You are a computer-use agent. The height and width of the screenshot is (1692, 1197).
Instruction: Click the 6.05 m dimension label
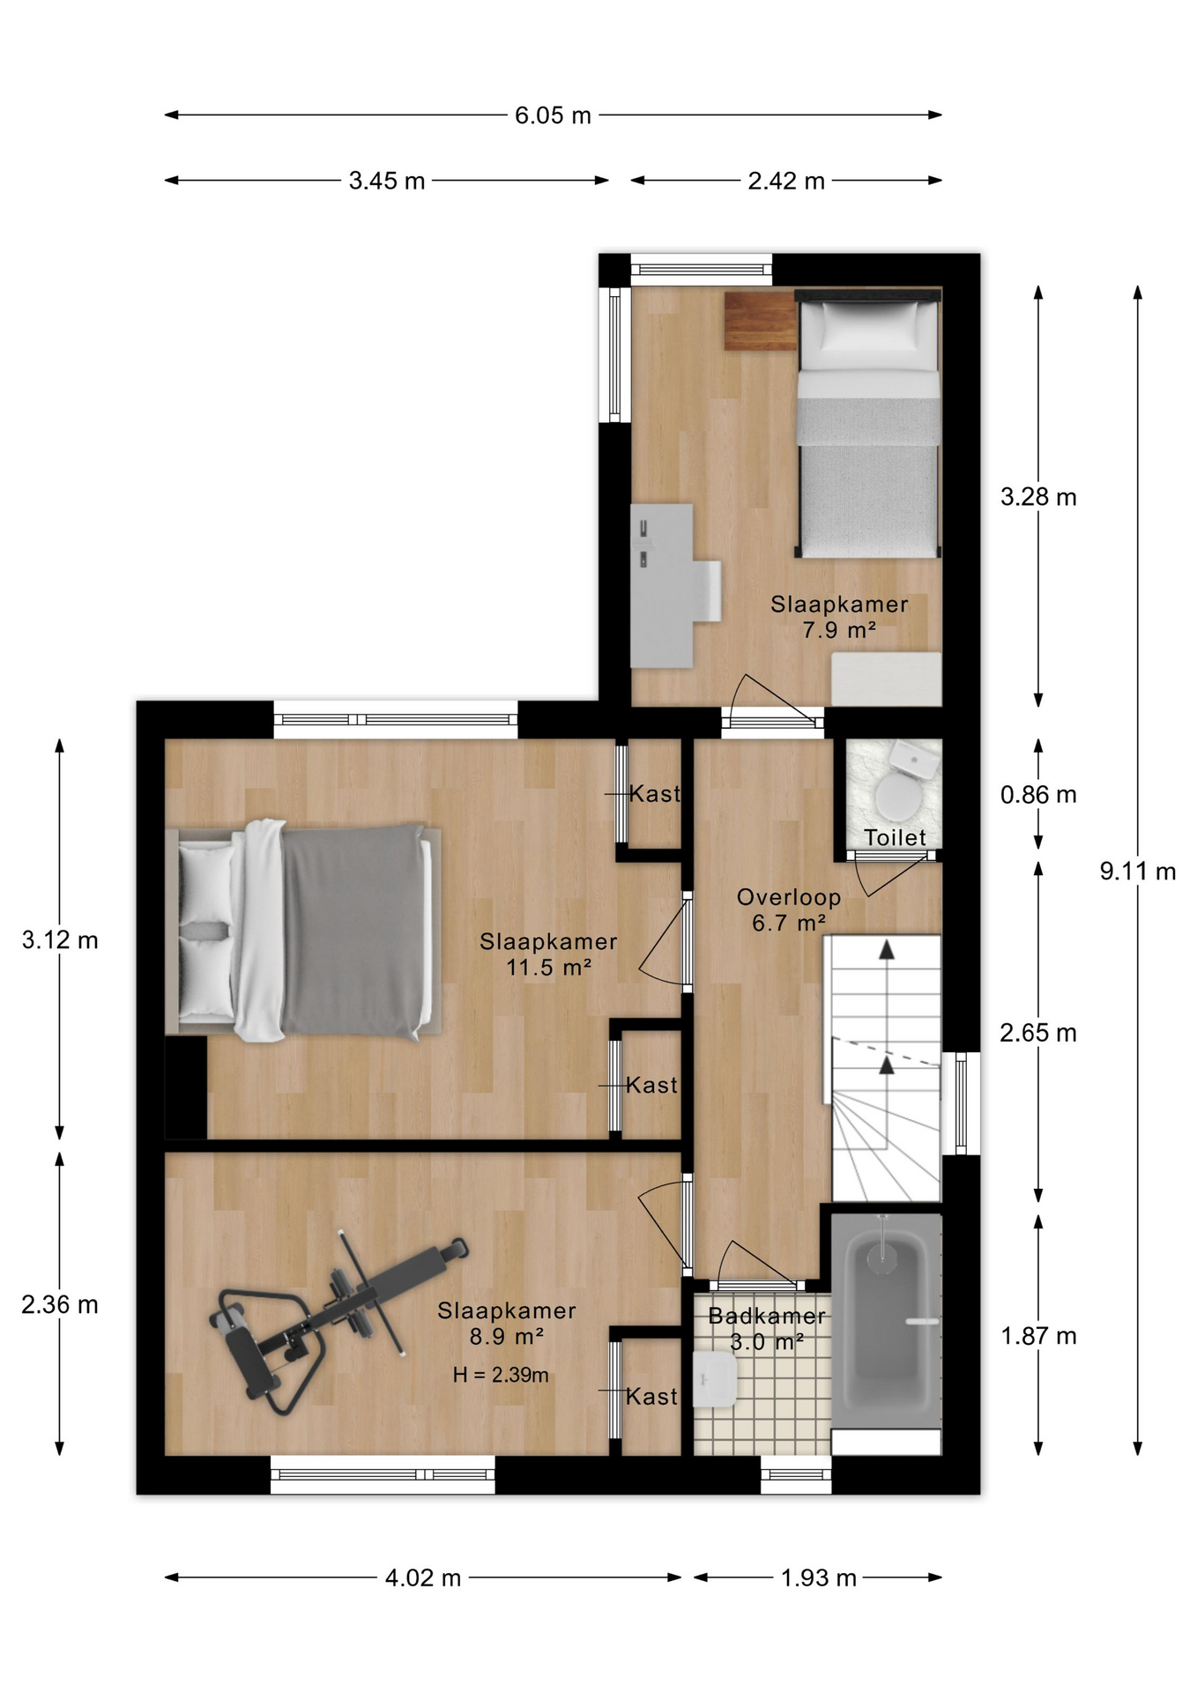553,115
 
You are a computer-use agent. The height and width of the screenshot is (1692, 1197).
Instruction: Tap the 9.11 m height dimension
1137,872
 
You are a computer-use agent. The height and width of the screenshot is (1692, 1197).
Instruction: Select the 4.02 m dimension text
423,1577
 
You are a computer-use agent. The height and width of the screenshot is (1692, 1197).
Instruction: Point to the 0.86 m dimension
1038,795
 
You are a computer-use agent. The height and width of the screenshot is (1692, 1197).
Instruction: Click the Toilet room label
895,838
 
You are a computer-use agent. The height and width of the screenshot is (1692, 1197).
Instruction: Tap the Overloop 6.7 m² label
789,910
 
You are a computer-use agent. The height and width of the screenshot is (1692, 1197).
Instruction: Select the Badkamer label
767,1317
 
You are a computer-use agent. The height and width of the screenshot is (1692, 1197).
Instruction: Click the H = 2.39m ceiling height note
501,1375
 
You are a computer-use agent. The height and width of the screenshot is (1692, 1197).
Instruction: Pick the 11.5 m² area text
548,968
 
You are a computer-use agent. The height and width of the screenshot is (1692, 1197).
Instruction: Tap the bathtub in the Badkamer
886,1319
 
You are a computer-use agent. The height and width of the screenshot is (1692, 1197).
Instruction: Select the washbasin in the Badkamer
715,1379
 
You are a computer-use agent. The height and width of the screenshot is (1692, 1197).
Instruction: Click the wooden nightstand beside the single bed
760,322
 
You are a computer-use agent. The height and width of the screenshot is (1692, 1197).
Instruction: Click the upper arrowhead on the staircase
887,949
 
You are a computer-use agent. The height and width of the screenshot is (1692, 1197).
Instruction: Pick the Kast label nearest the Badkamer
652,1397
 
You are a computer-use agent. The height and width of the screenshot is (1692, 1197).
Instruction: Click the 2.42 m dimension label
786,182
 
